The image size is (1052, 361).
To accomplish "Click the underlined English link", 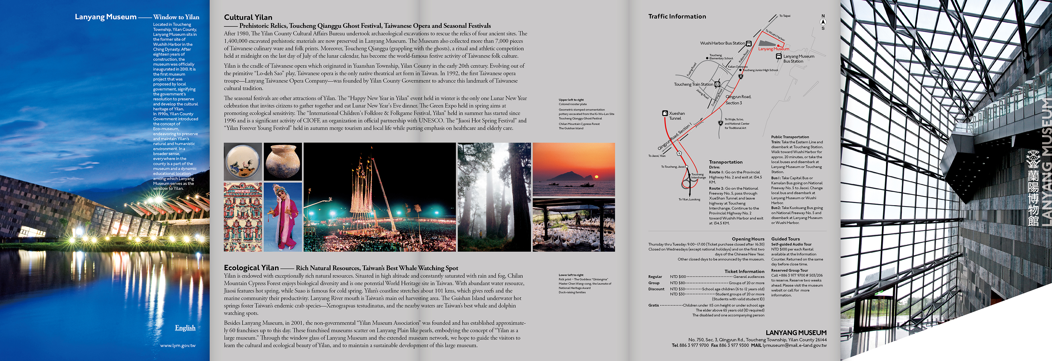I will click(185, 328).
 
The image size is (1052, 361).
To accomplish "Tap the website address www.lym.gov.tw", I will click(178, 345).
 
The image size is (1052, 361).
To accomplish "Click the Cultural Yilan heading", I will click(248, 17).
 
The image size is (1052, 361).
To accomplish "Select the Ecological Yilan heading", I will click(251, 267).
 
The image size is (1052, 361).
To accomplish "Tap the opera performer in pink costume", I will click(283, 216).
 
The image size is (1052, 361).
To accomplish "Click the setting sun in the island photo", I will click(596, 177).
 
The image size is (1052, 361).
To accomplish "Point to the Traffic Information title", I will click(677, 16).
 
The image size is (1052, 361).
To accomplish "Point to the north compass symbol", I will click(823, 22).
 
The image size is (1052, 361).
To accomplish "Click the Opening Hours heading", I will click(748, 239).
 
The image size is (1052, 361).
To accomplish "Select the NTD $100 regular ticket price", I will click(678, 277).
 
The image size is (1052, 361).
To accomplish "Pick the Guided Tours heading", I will click(785, 239).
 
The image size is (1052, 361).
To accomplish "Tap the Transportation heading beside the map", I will click(726, 162).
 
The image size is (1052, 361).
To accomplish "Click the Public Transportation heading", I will click(790, 137).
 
